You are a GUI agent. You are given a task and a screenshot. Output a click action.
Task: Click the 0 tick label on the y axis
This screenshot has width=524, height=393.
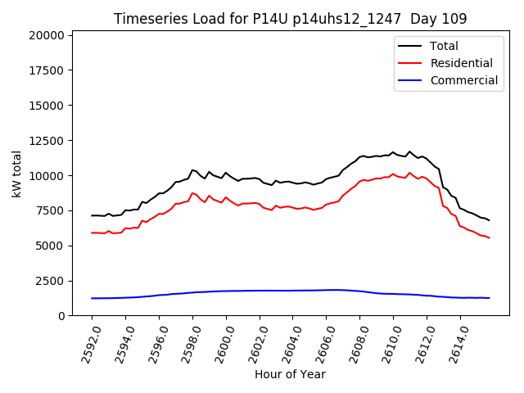coord(61,316)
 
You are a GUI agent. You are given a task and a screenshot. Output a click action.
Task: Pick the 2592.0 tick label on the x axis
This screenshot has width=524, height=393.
coord(86,344)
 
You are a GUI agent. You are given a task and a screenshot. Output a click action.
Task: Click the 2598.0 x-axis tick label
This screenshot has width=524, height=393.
coord(187,344)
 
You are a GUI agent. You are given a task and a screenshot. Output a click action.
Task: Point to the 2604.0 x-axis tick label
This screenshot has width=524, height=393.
coord(287,344)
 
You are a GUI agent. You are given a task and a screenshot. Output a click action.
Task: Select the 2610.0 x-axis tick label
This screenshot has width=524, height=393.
coord(387,344)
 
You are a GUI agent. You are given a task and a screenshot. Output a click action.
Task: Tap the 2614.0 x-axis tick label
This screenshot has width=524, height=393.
coord(454,344)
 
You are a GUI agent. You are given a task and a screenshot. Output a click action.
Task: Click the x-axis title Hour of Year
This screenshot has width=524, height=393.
coord(290,375)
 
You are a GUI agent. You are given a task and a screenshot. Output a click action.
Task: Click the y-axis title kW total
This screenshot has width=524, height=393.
coord(16,174)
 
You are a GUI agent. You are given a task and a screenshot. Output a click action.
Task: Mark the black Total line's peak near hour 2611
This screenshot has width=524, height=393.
coord(409,151)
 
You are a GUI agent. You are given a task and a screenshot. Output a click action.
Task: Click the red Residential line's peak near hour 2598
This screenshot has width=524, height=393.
coord(192,193)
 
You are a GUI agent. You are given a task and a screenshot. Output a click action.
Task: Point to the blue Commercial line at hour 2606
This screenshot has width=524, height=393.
coord(326,290)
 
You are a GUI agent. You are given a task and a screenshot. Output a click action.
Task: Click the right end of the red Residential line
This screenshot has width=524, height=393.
coord(489,237)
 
